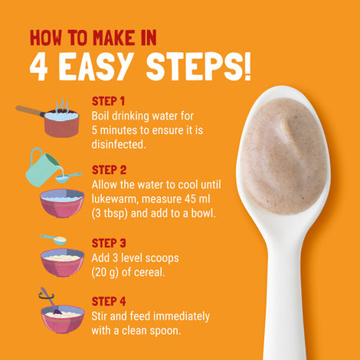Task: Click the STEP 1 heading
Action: tap(108, 101)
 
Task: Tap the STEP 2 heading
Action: tap(109, 170)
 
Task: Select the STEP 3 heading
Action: tap(109, 243)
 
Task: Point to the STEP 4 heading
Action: tap(109, 301)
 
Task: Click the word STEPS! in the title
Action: tap(198, 67)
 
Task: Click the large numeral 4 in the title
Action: tap(39, 67)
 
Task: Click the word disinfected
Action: tap(119, 145)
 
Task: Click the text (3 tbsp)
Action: tap(110, 214)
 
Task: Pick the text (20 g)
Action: tap(105, 273)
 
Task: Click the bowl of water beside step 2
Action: tap(62, 203)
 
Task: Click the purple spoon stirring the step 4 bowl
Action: tap(51, 301)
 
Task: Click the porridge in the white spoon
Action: tap(283, 155)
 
